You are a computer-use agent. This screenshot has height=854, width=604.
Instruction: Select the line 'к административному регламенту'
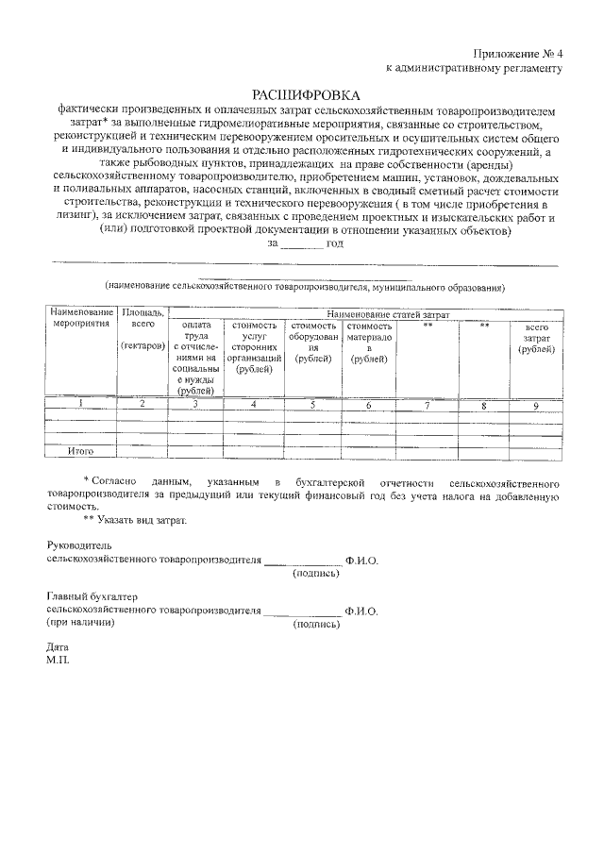475,68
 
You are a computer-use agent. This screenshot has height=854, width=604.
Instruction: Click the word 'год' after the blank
335,243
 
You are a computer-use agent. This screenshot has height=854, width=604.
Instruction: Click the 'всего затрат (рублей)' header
536,338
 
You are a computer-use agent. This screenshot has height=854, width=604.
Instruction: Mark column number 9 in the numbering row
536,405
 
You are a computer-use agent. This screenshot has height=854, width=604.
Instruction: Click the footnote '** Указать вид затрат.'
135,520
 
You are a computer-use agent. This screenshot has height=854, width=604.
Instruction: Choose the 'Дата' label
58,648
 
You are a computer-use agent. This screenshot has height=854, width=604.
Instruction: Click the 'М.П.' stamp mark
58,661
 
